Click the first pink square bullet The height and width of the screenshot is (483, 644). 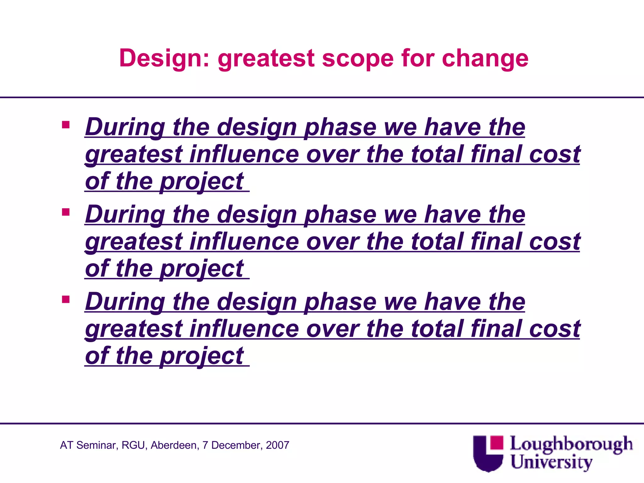tap(66, 125)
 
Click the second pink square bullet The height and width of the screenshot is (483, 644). tap(66, 212)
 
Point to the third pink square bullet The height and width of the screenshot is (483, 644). tap(66, 299)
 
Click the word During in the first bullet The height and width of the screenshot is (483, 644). tap(125, 128)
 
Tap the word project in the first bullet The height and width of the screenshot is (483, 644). tap(202, 182)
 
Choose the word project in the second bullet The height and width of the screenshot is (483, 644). tap(202, 269)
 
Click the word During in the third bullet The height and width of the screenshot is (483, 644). tap(125, 302)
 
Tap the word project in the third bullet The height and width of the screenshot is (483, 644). tap(202, 356)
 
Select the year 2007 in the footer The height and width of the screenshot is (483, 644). tap(277, 445)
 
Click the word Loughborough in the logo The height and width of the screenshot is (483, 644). tap(571, 445)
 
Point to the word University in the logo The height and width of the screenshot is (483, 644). tap(551, 462)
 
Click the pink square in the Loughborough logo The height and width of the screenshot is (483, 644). tap(497, 443)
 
